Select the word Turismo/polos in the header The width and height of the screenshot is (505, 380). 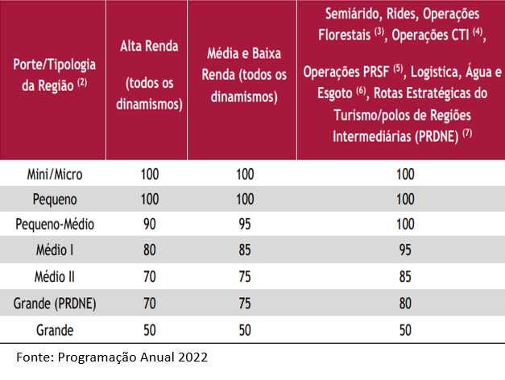click(x=372, y=115)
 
